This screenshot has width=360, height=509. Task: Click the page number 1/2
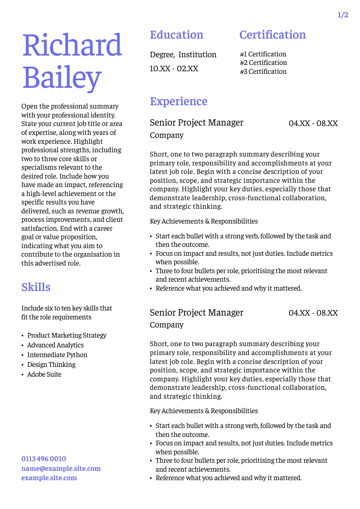(343, 15)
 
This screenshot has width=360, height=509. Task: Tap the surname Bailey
(62, 78)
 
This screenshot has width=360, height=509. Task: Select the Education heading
(177, 35)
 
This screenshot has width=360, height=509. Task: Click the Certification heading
(273, 35)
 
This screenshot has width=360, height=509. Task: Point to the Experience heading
(179, 101)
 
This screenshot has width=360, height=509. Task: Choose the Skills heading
(36, 287)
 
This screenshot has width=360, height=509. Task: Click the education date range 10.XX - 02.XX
(174, 69)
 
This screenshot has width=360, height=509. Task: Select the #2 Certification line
(263, 63)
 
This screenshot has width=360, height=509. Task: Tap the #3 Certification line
(263, 72)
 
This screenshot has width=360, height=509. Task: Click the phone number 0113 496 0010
(44, 459)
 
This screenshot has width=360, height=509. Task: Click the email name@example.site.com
(61, 469)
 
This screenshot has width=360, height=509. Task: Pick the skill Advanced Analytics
(55, 345)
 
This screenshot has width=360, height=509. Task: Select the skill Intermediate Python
(57, 355)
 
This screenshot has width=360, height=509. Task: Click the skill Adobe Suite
(44, 375)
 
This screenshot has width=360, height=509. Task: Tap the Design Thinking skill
(51, 365)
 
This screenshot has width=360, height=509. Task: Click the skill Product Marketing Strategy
(67, 336)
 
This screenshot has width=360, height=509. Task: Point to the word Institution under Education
(197, 55)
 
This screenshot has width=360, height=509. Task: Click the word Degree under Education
(162, 55)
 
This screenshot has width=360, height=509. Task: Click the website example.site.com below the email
(49, 478)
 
